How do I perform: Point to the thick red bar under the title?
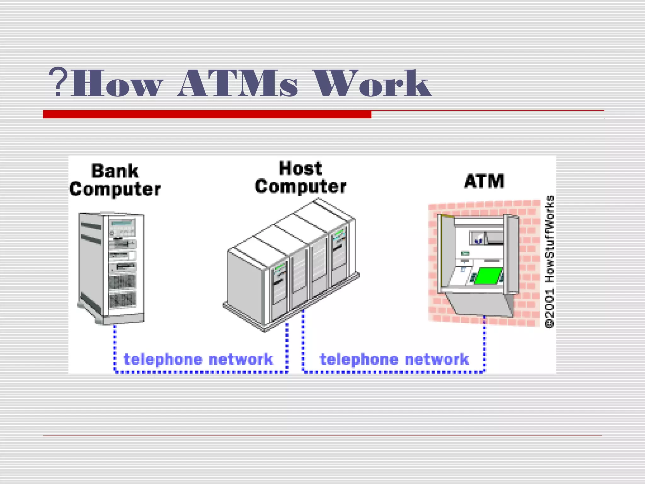207,114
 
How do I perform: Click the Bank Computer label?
115,180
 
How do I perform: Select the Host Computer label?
300,177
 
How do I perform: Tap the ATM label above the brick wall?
484,181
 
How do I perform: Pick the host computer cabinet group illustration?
291,265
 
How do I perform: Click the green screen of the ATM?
488,275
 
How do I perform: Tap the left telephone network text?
198,360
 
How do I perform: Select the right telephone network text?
394,360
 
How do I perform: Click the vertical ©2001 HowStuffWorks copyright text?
549,262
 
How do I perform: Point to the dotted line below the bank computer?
115,347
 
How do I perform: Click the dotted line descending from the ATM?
484,343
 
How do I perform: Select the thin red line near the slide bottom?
322,435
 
